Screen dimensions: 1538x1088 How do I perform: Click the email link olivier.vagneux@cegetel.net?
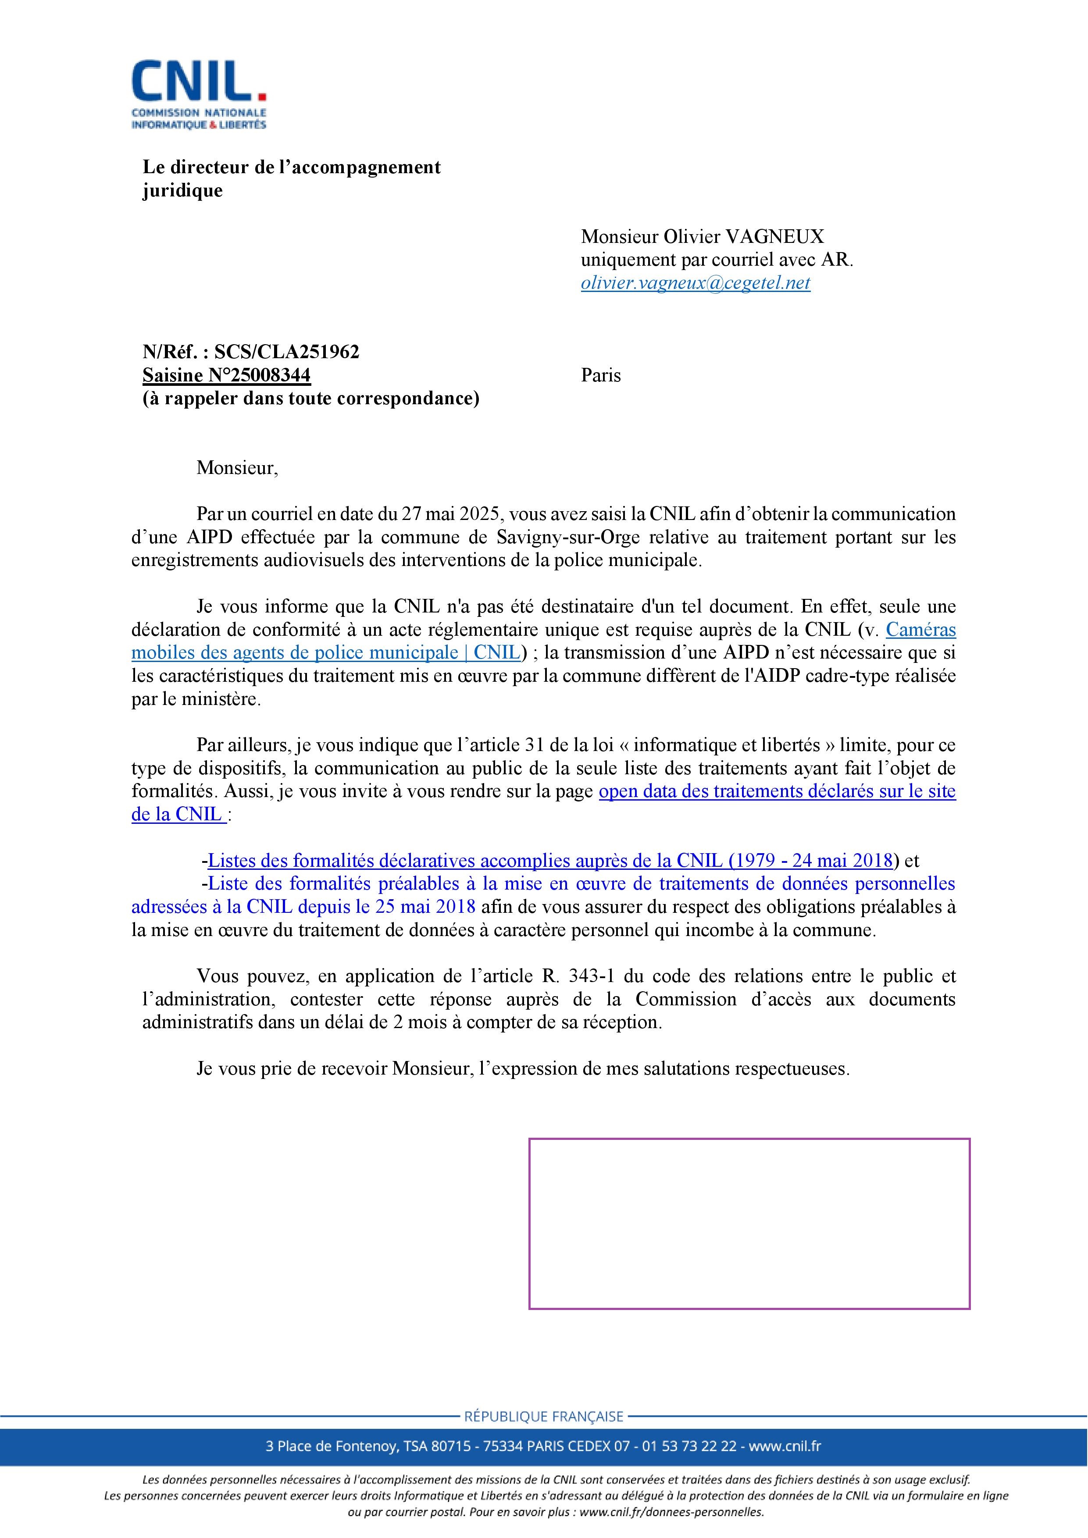pyautogui.click(x=696, y=283)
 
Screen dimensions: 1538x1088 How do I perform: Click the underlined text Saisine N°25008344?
pyautogui.click(x=226, y=375)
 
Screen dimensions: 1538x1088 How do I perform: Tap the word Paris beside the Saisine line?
pyautogui.click(x=601, y=375)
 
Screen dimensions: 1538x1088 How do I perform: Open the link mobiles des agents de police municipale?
pyautogui.click(x=325, y=652)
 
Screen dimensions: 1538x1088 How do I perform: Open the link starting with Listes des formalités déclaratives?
pyautogui.click(x=551, y=860)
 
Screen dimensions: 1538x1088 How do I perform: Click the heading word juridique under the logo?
pyautogui.click(x=182, y=191)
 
